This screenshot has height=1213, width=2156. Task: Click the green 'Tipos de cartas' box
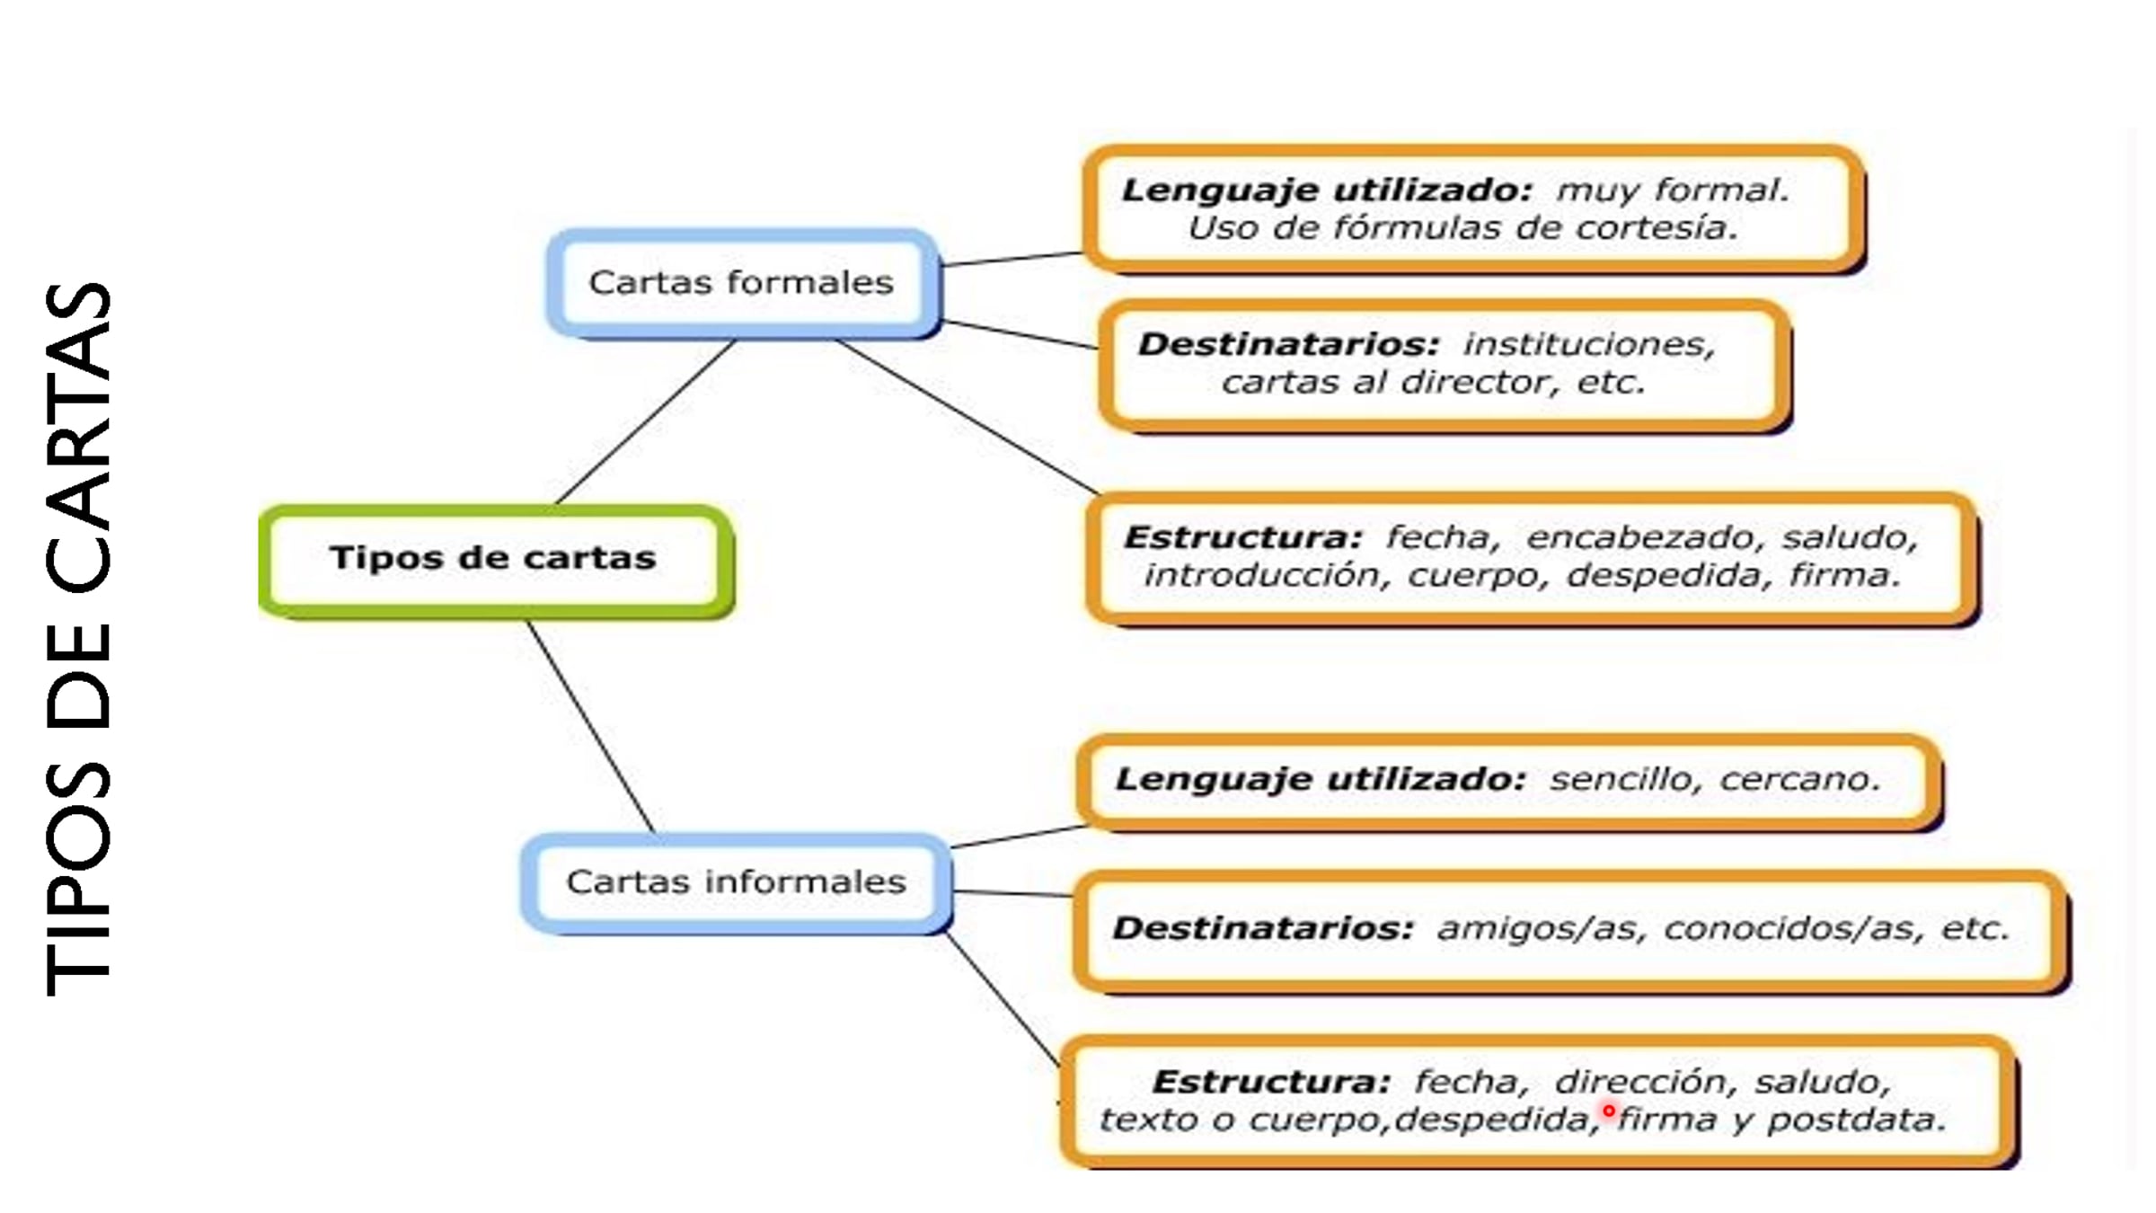coord(494,559)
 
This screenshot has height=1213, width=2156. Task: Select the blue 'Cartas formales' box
coord(741,283)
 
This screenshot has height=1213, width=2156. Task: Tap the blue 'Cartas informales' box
coord(736,882)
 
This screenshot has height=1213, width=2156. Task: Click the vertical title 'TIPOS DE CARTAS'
coord(79,638)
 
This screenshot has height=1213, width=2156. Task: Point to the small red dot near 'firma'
coord(1608,1111)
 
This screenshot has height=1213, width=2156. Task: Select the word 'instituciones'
coord(1588,344)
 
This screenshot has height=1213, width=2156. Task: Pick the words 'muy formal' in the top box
coord(1672,190)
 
